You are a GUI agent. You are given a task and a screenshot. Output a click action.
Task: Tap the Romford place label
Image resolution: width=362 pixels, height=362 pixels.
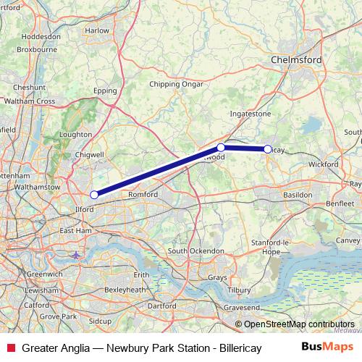point(143,194)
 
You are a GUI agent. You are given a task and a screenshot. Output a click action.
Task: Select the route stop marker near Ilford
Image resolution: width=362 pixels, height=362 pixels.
point(94,194)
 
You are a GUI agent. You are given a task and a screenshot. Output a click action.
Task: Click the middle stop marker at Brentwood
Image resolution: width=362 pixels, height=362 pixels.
point(222,148)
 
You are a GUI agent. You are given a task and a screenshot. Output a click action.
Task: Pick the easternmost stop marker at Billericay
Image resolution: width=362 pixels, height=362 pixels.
point(268,149)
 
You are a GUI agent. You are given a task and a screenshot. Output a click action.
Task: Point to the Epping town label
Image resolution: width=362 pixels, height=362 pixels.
point(105,92)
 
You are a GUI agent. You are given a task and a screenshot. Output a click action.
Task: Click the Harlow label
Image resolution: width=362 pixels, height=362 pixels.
point(97,30)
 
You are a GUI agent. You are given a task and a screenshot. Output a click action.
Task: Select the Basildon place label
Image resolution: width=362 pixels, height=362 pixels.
point(298,195)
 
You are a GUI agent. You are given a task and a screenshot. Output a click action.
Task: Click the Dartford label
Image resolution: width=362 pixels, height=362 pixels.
point(161,306)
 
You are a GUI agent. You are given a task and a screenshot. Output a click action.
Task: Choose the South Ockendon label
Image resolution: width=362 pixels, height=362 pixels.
point(195,251)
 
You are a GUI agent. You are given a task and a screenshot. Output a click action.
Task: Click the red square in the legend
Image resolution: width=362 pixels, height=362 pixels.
point(10,348)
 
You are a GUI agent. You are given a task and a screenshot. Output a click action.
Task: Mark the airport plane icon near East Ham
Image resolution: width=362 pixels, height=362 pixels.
point(77,255)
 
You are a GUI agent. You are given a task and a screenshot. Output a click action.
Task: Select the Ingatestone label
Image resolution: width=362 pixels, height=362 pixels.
point(249,114)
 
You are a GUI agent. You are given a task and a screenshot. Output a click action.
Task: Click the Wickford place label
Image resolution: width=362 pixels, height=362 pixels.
point(322,164)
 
